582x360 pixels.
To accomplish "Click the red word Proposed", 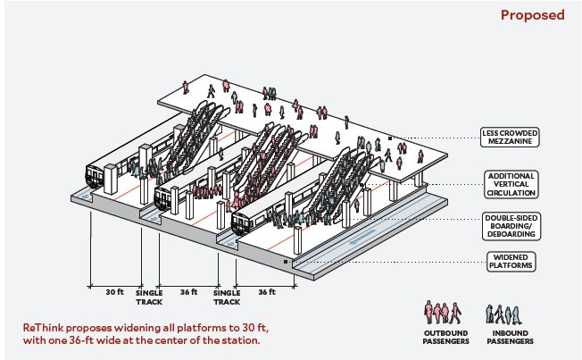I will pos(532,15).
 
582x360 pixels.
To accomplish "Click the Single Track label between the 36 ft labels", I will pos(227,296).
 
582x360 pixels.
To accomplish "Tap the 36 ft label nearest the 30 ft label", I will pos(187,291).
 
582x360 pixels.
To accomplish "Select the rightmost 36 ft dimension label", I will pos(266,291).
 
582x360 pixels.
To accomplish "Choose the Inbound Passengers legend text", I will pos(510,338).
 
